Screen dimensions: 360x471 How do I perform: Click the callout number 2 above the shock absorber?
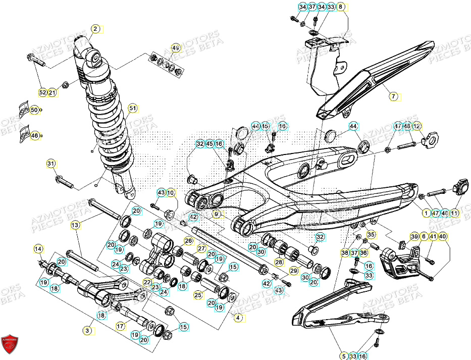pyautogui.click(x=95, y=29)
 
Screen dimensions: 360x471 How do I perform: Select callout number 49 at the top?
pyautogui.click(x=176, y=48)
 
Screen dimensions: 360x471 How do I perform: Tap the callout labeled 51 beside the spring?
pyautogui.click(x=132, y=108)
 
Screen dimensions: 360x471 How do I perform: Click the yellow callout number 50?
pyautogui.click(x=34, y=110)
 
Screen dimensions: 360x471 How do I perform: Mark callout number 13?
pyautogui.click(x=75, y=225)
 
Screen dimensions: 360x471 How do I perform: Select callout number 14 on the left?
pyautogui.click(x=38, y=248)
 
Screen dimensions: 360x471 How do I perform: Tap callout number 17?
pyautogui.click(x=120, y=326)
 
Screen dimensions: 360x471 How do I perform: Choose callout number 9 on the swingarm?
pyautogui.click(x=216, y=214)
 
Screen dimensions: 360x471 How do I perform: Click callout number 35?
pyautogui.click(x=371, y=234)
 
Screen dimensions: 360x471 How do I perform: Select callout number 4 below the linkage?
pyautogui.click(x=238, y=319)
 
